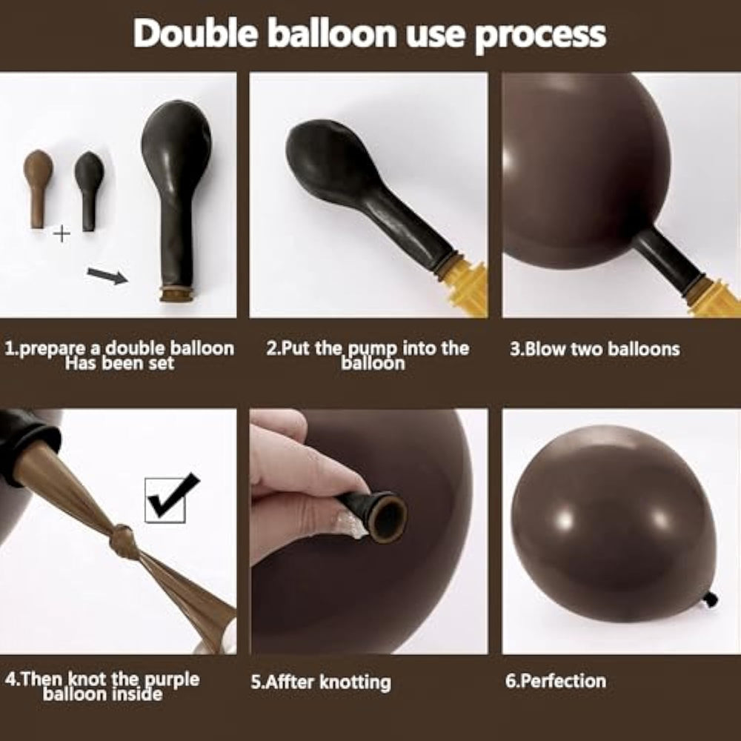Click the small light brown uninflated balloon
37,189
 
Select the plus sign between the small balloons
62,233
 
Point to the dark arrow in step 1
107,276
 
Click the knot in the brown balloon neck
123,539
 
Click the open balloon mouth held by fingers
388,517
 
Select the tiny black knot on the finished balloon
711,599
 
